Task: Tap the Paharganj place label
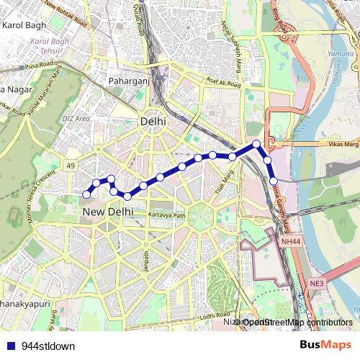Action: (129, 81)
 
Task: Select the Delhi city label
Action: (153, 122)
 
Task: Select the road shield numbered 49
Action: (71, 166)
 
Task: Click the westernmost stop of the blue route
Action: (86, 194)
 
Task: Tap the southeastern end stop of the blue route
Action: (274, 180)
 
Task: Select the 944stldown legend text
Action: (48, 346)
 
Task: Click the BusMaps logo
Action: (325, 345)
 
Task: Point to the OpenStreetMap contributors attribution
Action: (297, 322)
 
